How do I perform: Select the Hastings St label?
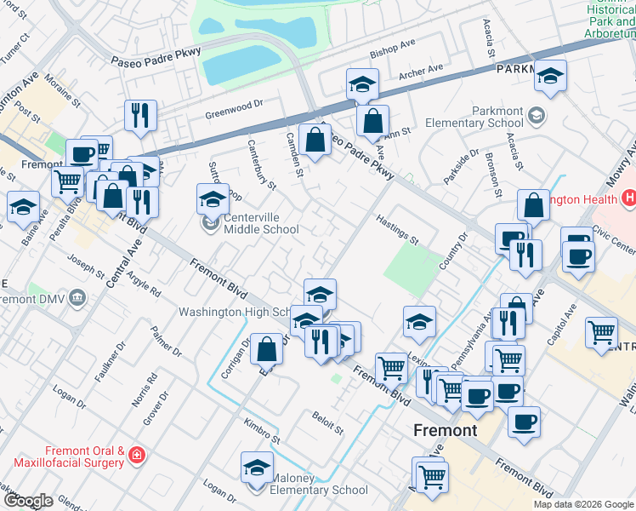click(398, 229)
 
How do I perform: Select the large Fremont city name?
click(445, 430)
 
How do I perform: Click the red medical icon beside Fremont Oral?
click(136, 457)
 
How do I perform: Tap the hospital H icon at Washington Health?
click(629, 199)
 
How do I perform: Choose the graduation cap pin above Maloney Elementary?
click(256, 467)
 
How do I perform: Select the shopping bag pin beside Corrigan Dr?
click(266, 348)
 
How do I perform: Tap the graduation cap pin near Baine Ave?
click(23, 207)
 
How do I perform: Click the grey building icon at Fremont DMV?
click(78, 298)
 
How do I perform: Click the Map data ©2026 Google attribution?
click(583, 504)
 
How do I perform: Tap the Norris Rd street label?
click(151, 388)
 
